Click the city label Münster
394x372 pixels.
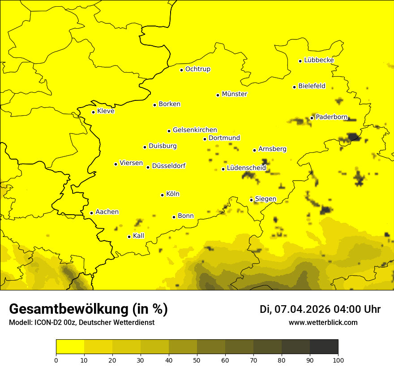click(235, 94)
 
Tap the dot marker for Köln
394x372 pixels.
click(163, 195)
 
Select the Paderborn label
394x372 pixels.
click(331, 117)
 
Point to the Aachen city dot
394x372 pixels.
click(91, 213)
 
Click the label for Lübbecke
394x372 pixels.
click(319, 60)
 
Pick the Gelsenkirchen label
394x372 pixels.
click(195, 130)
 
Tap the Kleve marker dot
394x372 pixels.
click(93, 112)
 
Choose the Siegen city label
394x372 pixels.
click(266, 199)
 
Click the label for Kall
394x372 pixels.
click(139, 236)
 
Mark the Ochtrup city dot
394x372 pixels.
click(181, 70)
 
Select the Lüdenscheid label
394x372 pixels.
click(246, 168)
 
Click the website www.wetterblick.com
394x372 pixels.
click(323, 322)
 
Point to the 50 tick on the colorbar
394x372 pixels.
click(197, 360)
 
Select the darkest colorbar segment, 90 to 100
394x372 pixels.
click(324, 347)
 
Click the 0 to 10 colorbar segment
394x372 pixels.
click(70, 347)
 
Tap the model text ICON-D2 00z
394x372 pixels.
click(53, 323)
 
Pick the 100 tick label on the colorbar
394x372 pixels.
click(338, 360)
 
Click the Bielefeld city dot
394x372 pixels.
click(294, 87)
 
